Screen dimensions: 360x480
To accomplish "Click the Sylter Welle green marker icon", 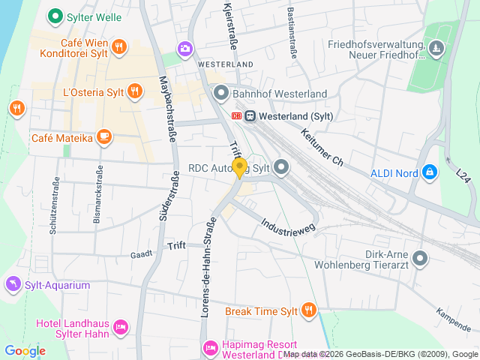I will click(x=54, y=15).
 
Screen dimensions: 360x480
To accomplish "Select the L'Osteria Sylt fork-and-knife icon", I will click(x=134, y=91).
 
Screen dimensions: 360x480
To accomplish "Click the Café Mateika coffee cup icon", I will click(x=103, y=137).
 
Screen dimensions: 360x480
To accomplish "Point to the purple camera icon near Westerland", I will click(x=184, y=49).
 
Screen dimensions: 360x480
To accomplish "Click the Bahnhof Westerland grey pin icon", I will click(x=220, y=93).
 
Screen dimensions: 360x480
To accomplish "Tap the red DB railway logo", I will click(x=237, y=115).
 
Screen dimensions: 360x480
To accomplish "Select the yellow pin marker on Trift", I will click(x=239, y=168).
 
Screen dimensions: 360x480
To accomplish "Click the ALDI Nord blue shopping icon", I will click(x=429, y=172).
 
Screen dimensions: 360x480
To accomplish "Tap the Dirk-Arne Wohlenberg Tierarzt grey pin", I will click(x=420, y=259).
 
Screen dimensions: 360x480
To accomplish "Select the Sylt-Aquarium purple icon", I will click(x=12, y=284).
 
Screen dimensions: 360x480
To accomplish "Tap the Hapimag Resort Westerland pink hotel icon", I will click(x=211, y=346).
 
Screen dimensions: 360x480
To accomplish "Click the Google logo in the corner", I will click(x=25, y=351).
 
